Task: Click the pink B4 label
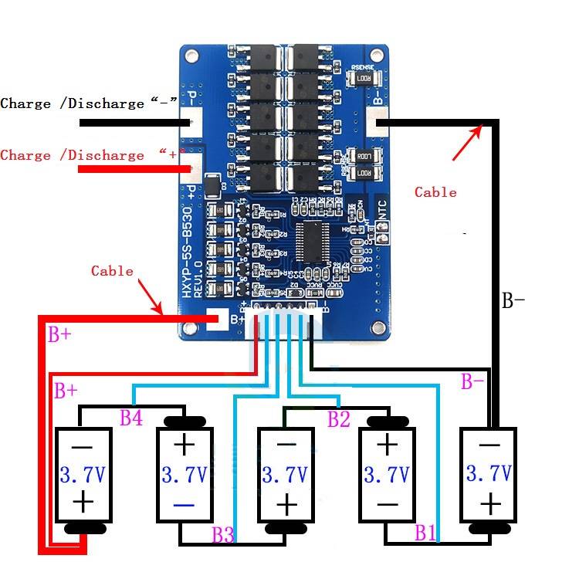pyautogui.click(x=130, y=419)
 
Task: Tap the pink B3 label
pyautogui.click(x=223, y=533)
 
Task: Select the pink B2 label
pyautogui.click(x=339, y=419)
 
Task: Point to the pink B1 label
pyautogui.click(x=425, y=532)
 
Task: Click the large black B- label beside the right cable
pyautogui.click(x=514, y=300)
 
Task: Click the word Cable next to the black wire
pyautogui.click(x=435, y=192)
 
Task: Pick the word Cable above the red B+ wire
pyautogui.click(x=112, y=271)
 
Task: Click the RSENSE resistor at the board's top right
pyautogui.click(x=362, y=78)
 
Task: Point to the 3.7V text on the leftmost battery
pyautogui.click(x=83, y=473)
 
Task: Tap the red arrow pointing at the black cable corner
pyautogui.click(x=467, y=143)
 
